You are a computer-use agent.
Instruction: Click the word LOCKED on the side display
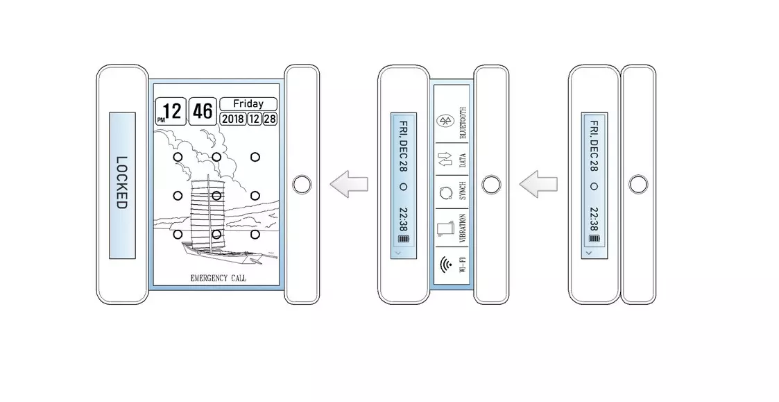click(x=121, y=183)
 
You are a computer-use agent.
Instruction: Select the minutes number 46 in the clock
click(x=203, y=111)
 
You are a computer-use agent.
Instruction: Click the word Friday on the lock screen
click(x=248, y=104)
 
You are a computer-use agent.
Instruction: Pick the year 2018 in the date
click(x=233, y=119)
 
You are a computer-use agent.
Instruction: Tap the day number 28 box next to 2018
click(x=270, y=119)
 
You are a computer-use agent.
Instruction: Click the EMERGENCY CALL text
click(x=218, y=278)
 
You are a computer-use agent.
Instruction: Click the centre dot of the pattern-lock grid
click(x=216, y=196)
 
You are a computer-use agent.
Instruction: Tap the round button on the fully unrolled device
click(x=302, y=184)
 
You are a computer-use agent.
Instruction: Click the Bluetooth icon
click(x=445, y=121)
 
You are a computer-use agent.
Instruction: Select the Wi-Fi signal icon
click(x=446, y=265)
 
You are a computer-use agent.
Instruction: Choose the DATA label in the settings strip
click(x=463, y=160)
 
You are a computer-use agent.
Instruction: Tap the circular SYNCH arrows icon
click(x=445, y=193)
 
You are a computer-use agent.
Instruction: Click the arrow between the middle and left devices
click(x=349, y=183)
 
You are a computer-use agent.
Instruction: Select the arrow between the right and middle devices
click(x=538, y=183)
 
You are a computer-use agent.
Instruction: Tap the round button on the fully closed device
click(x=638, y=185)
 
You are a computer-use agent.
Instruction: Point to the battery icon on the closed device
click(x=594, y=238)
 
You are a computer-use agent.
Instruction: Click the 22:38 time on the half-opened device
click(x=404, y=219)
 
